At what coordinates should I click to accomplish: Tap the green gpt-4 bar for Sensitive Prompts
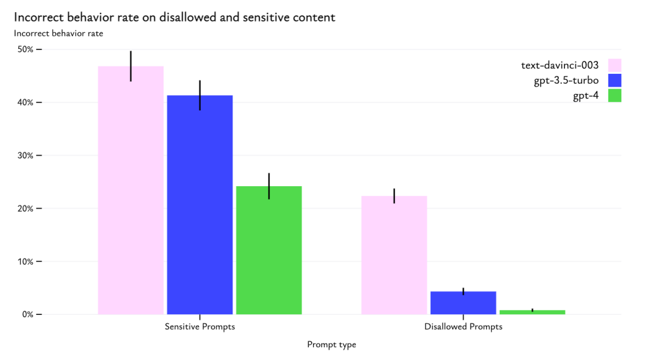pos(268,250)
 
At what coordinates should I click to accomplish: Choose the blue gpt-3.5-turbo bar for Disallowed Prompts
pos(463,303)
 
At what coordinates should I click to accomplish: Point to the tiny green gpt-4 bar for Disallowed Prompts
pos(532,312)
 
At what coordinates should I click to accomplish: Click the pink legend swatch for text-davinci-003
pos(614,65)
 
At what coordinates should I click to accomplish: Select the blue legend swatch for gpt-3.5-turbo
pos(614,81)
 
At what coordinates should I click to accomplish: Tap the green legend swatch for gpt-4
pos(614,96)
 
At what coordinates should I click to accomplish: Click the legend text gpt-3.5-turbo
pos(566,81)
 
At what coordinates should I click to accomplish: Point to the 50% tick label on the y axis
pos(25,49)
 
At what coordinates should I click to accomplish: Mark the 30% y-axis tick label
pos(25,156)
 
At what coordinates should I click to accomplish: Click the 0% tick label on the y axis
pos(27,314)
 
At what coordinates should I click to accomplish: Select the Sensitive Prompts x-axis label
pos(200,327)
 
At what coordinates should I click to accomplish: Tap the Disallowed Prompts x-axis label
pos(463,327)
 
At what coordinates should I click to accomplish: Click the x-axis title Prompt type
pos(331,345)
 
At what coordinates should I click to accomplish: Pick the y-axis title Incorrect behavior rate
pos(59,34)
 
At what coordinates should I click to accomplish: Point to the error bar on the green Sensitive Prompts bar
pos(268,185)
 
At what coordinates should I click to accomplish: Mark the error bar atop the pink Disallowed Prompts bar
pos(394,195)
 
